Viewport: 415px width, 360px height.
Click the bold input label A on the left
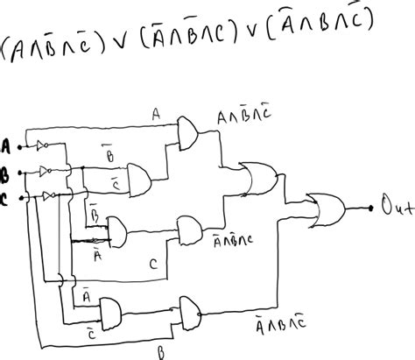click(8, 145)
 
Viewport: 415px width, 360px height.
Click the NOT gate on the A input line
click(41, 145)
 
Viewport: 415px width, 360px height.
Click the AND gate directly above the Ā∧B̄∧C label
click(186, 229)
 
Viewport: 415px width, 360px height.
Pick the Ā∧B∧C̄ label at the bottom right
click(277, 324)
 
